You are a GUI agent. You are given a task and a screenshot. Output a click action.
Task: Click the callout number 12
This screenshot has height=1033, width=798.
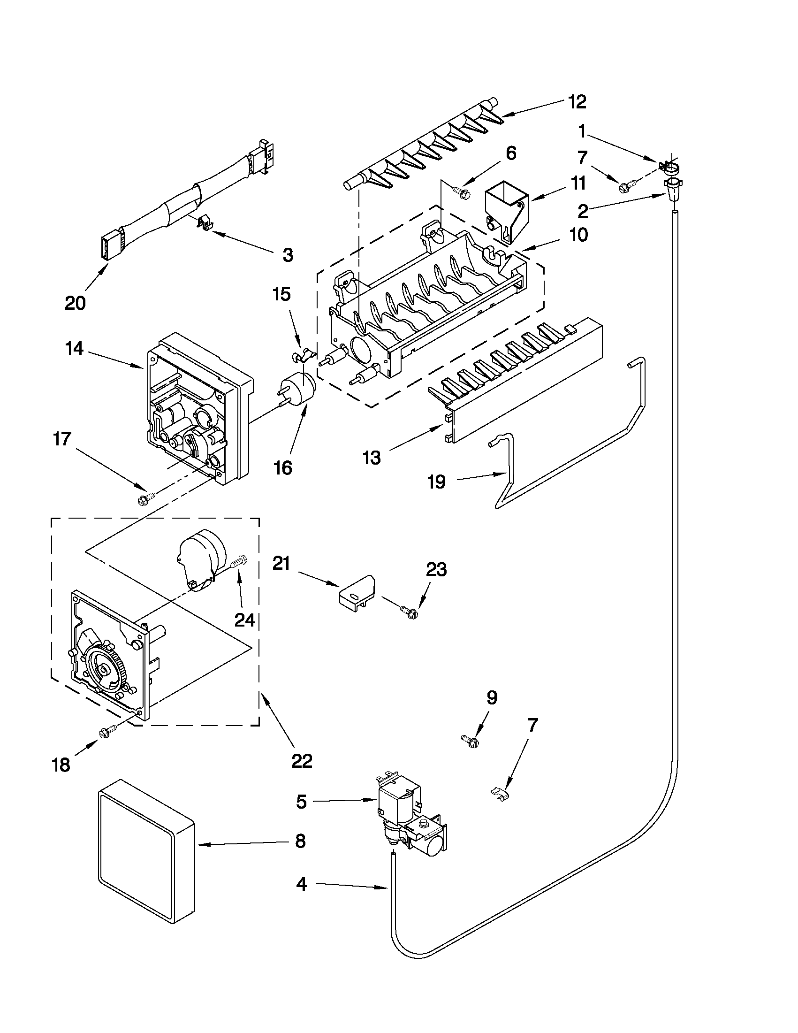point(577,102)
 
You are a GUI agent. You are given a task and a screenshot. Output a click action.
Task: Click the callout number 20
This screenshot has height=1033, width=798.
point(75,303)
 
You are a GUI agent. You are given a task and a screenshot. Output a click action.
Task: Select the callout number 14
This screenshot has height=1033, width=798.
point(74,349)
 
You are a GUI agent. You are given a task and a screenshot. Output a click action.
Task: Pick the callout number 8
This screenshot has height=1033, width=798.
point(300,842)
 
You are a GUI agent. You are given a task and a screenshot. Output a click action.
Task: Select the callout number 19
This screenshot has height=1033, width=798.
point(436,482)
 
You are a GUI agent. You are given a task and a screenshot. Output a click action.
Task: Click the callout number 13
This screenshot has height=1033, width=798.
point(372,458)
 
